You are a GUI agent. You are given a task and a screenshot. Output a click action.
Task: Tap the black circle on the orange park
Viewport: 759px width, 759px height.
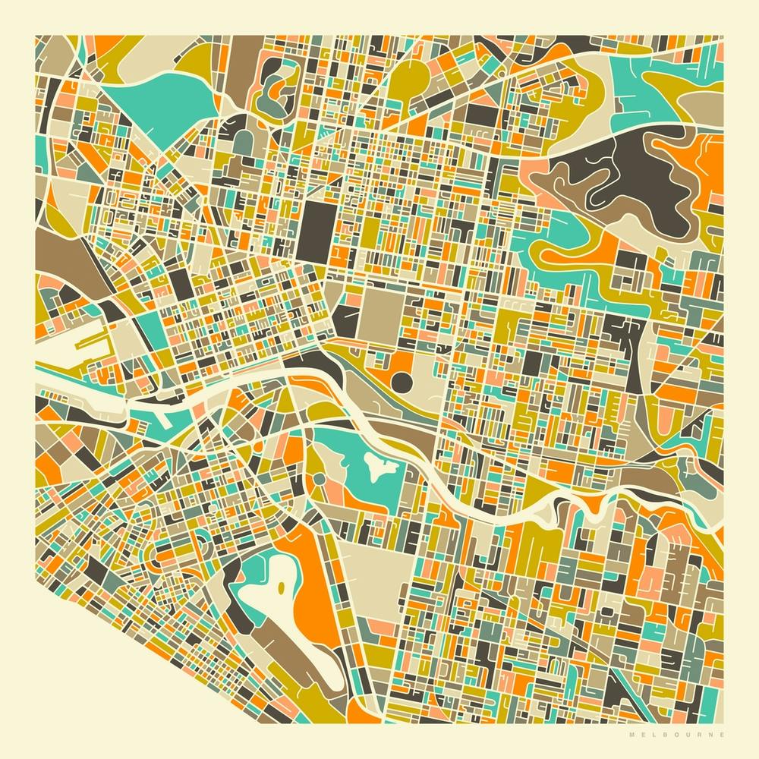click(x=402, y=379)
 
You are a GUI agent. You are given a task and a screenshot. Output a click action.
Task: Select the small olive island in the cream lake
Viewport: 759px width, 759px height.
click(x=282, y=587)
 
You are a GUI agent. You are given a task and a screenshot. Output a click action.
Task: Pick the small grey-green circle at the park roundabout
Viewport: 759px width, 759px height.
click(x=319, y=479)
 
